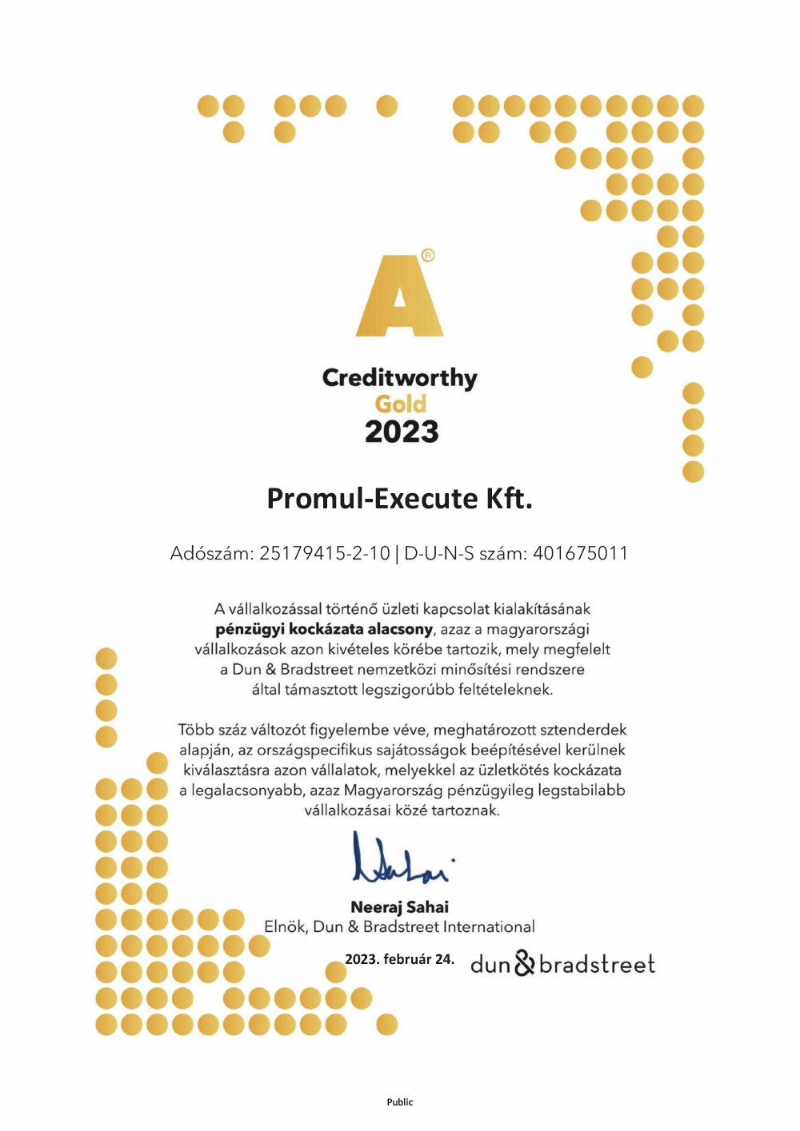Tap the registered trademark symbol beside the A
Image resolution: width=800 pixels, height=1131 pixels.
428,256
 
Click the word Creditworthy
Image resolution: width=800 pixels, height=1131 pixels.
399,378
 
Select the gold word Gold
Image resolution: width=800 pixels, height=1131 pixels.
400,404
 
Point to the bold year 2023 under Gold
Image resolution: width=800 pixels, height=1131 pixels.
402,432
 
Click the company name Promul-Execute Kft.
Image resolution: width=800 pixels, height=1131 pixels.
399,499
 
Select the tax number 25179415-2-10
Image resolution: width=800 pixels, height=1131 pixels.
325,553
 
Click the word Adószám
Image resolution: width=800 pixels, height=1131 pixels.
211,553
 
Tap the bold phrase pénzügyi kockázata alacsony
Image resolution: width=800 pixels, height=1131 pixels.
324,629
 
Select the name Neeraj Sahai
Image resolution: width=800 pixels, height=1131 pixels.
399,907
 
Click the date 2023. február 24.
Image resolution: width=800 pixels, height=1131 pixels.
399,959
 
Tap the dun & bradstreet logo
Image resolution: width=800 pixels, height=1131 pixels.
562,964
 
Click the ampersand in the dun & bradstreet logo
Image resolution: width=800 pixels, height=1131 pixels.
524,963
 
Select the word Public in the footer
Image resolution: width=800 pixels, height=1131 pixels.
399,1102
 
